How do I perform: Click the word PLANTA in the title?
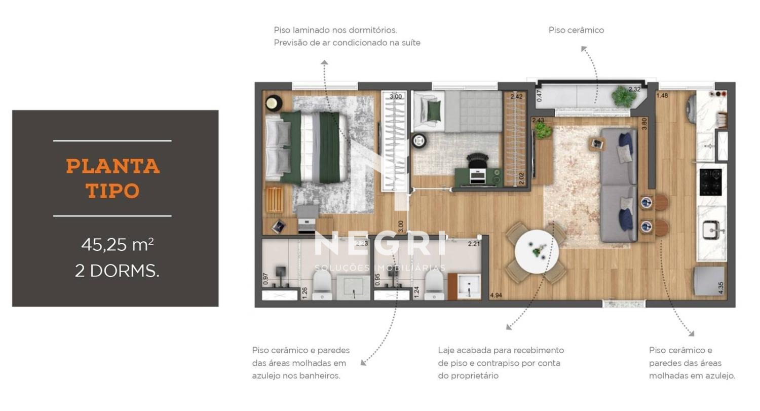[x=112, y=166]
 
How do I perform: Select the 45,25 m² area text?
[x=118, y=244]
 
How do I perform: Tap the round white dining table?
[x=537, y=251]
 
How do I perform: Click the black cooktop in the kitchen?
[x=710, y=182]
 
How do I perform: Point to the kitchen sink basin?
[x=711, y=231]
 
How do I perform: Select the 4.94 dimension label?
[x=496, y=295]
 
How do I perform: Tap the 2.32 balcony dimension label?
[x=634, y=89]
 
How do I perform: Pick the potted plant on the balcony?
[x=624, y=96]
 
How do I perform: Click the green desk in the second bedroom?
[x=478, y=177]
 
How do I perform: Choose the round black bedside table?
[x=274, y=103]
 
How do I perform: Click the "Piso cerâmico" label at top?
[x=576, y=30]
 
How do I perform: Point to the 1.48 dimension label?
[x=662, y=96]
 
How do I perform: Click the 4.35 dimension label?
[x=721, y=288]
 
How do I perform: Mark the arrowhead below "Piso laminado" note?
[x=324, y=62]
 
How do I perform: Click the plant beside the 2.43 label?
[x=542, y=130]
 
